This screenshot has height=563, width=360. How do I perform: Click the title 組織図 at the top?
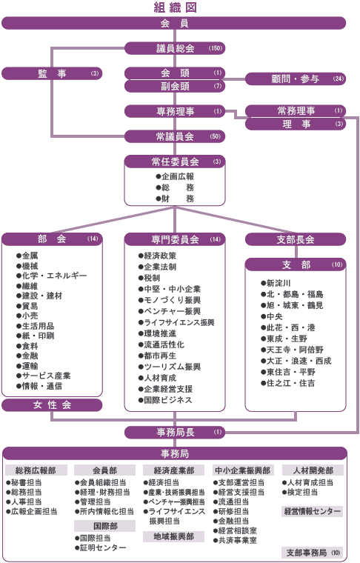coord(175,7)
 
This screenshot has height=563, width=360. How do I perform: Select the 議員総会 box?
coord(175,48)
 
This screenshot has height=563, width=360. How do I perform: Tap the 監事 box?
coord(52,73)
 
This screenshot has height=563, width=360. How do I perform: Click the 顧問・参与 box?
coord(296,79)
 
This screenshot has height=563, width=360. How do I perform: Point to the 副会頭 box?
coord(175,86)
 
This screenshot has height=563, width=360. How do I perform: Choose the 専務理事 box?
coord(175,111)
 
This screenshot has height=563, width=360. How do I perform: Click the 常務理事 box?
coord(296,111)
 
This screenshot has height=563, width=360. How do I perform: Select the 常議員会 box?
coord(175,136)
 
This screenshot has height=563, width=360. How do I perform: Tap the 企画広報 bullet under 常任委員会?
coord(175,176)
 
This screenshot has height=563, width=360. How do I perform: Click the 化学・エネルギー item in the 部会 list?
coord(52,276)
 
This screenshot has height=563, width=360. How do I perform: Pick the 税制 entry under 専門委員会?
coord(150,278)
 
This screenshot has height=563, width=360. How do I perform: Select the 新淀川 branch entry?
coord(276,283)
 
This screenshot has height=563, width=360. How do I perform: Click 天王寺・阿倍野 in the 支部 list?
coord(292,350)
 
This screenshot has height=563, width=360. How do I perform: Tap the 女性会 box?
coord(52,405)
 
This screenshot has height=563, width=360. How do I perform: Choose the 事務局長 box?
coord(175,433)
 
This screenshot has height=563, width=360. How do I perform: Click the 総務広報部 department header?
coord(36,470)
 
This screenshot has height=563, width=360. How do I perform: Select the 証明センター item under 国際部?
coord(101,548)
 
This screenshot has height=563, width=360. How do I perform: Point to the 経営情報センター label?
coord(313,511)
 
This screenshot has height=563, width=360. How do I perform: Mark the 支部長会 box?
coord(296,239)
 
